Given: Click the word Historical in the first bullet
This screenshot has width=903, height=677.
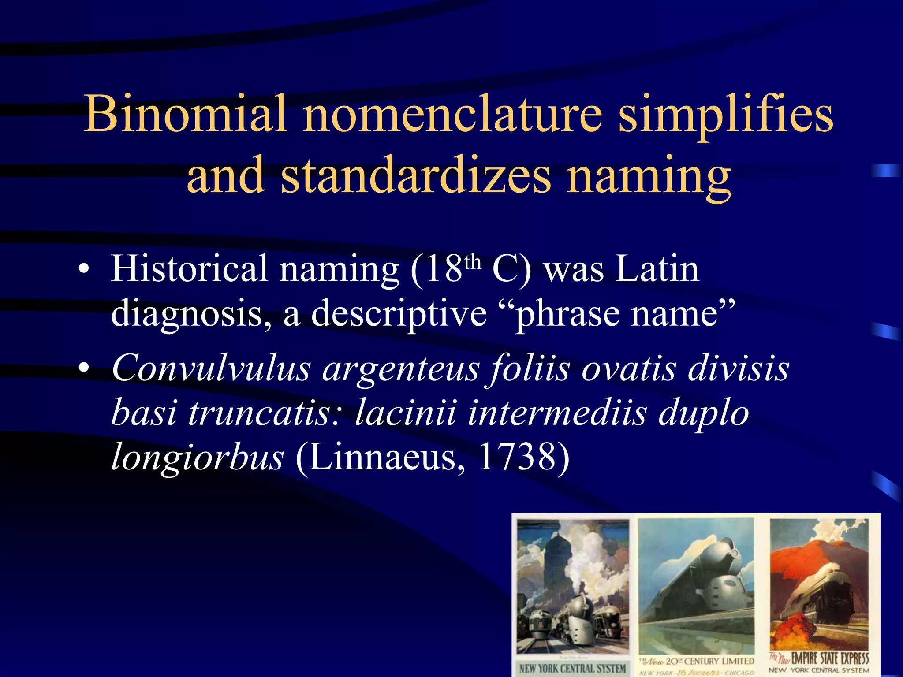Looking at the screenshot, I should (x=189, y=269).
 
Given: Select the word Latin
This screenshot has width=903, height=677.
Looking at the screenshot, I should (x=657, y=269).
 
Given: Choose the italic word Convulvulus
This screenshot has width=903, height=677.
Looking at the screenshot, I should (x=211, y=368).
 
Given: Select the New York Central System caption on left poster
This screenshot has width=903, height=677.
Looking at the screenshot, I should (x=572, y=668).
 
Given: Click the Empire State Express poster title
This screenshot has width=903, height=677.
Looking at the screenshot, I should (x=829, y=658).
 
